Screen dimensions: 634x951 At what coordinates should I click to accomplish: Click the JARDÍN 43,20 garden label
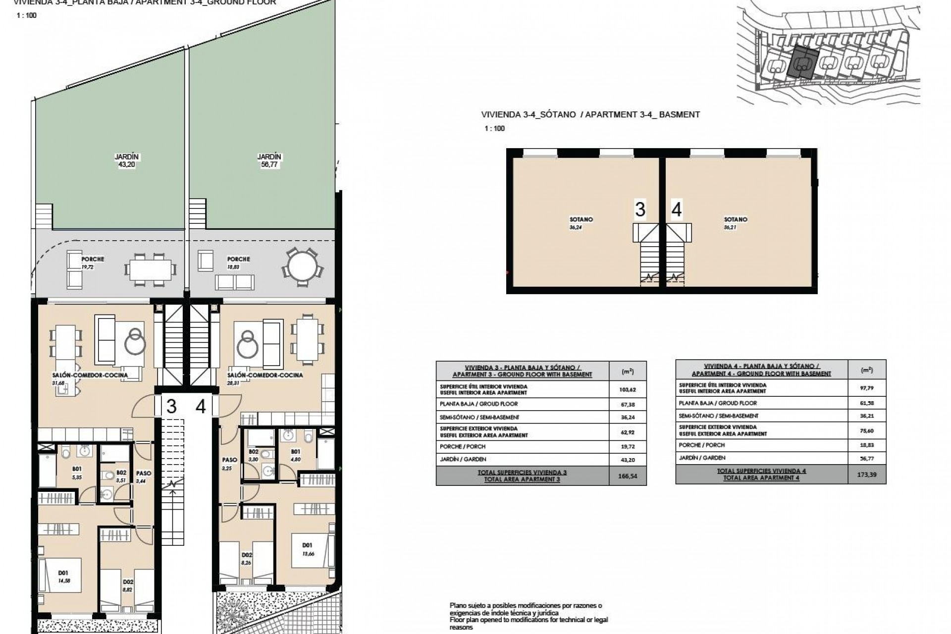click(x=127, y=161)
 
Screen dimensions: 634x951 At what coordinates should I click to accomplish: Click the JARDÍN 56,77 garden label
click(x=269, y=161)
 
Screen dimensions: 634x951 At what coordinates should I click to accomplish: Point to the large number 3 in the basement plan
click(x=640, y=210)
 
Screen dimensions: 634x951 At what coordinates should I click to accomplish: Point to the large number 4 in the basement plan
click(x=677, y=210)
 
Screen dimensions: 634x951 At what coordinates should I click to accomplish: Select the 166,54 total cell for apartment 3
click(x=627, y=476)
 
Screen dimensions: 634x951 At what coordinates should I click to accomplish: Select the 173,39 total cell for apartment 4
click(x=867, y=474)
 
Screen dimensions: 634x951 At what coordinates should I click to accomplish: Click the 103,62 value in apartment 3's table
click(x=627, y=389)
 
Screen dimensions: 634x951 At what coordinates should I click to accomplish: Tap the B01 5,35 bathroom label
click(x=76, y=472)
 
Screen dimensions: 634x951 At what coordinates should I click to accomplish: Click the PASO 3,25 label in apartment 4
click(x=229, y=464)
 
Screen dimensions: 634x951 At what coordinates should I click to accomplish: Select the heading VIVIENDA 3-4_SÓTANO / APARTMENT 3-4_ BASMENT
click(x=590, y=114)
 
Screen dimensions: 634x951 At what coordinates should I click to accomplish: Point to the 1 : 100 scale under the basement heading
click(x=494, y=128)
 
